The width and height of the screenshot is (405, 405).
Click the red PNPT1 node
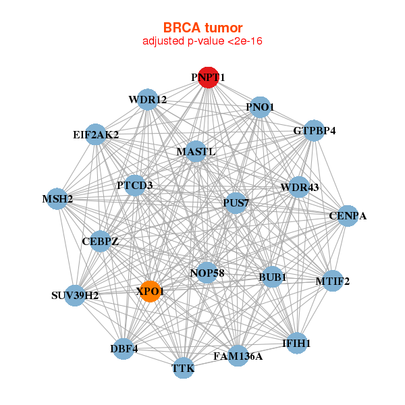click(208, 78)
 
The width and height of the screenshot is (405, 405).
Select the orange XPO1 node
click(150, 291)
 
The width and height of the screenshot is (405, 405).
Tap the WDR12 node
click(147, 100)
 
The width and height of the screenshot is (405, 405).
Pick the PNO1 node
click(260, 107)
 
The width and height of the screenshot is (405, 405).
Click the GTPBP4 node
click(314, 130)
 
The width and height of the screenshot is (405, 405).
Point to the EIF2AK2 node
click(96, 134)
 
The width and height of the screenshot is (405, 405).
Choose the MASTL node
click(196, 151)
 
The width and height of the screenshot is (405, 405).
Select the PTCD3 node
click(135, 185)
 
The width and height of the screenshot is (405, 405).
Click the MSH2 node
click(57, 199)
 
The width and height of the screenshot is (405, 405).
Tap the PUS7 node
click(236, 202)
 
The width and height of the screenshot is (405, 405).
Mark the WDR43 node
click(299, 187)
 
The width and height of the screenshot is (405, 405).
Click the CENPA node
click(348, 216)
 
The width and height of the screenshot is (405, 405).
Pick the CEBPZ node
click(100, 241)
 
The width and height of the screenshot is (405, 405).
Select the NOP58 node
click(207, 273)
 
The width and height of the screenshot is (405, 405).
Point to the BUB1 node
click(272, 277)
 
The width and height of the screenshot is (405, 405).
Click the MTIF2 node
click(332, 281)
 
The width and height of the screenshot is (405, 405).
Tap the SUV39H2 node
click(75, 296)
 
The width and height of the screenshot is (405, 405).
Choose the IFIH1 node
click(296, 343)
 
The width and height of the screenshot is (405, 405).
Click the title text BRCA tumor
click(202, 28)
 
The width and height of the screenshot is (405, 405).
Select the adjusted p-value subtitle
click(202, 41)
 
